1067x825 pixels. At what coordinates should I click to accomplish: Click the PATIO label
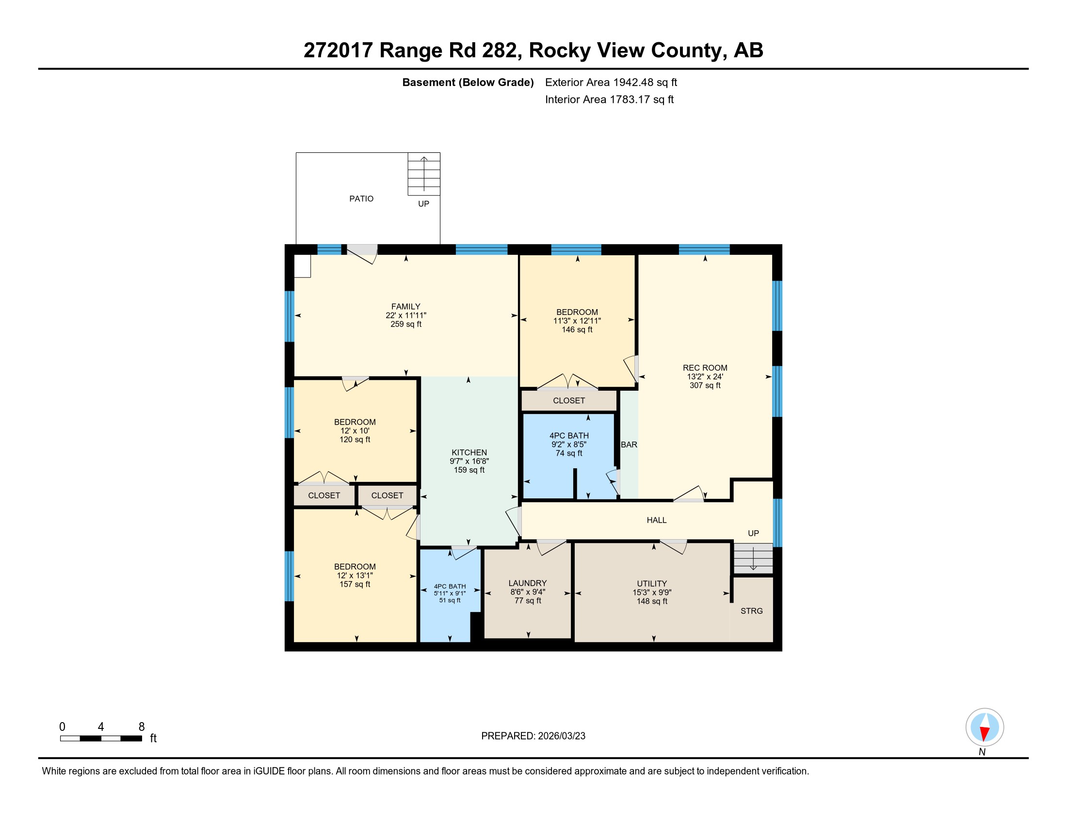361,198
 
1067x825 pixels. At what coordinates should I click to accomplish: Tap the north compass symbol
985,727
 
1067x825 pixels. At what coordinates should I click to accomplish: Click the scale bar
101,738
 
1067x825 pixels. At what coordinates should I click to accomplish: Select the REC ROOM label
705,367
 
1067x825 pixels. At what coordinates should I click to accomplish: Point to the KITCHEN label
469,453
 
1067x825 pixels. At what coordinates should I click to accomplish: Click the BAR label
629,445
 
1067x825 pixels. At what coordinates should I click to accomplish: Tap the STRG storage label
751,611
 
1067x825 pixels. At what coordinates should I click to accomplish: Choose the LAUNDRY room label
528,583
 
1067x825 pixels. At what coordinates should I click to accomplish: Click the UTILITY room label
652,583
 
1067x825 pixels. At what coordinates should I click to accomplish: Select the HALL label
657,520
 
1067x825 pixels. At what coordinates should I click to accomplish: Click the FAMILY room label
405,306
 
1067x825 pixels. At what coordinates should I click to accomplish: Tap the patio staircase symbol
424,174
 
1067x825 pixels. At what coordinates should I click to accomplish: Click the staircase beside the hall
753,558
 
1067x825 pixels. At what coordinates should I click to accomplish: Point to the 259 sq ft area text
405,324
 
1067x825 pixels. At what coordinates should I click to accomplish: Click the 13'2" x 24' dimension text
705,376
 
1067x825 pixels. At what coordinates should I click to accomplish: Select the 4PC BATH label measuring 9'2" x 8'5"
569,435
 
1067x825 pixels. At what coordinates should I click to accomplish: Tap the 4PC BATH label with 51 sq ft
450,587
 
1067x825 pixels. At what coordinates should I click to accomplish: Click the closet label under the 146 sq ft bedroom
569,400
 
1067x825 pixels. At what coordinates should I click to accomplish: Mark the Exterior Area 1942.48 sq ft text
611,82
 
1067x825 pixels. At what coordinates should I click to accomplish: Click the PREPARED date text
533,736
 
